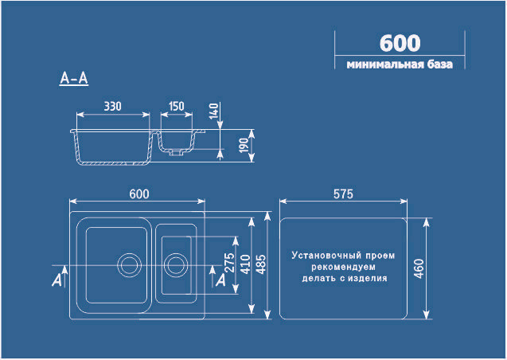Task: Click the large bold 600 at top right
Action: pyautogui.click(x=400, y=43)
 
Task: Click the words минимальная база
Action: pyautogui.click(x=400, y=65)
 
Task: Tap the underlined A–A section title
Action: pyautogui.click(x=74, y=78)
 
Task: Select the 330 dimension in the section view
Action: pyautogui.click(x=112, y=106)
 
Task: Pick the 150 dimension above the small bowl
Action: pyautogui.click(x=177, y=106)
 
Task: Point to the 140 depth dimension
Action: pyautogui.click(x=214, y=111)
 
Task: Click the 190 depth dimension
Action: pyautogui.click(x=244, y=145)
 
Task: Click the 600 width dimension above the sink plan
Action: pyautogui.click(x=139, y=194)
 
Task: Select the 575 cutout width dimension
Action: pyautogui.click(x=343, y=194)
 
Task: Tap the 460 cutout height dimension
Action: pyautogui.click(x=419, y=268)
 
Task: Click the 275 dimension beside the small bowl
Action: pyautogui.click(x=229, y=263)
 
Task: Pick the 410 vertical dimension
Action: pyautogui.click(x=245, y=264)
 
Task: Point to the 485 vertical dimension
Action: pyautogui.click(x=261, y=264)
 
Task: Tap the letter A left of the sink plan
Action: pyautogui.click(x=57, y=280)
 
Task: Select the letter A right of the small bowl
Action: pyautogui.click(x=220, y=280)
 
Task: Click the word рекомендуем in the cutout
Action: pyautogui.click(x=343, y=267)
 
